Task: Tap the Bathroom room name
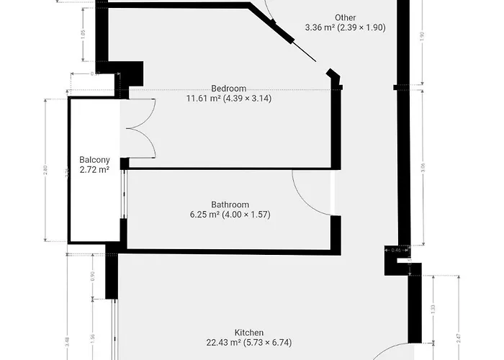pyautogui.click(x=230, y=204)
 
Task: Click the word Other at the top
pyautogui.click(x=345, y=18)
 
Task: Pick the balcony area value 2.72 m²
pyautogui.click(x=94, y=170)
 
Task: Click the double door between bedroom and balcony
pyautogui.click(x=139, y=128)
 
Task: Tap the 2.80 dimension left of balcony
pyautogui.click(x=45, y=171)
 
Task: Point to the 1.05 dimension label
pyautogui.click(x=84, y=33)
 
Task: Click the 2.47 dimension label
pyautogui.click(x=459, y=331)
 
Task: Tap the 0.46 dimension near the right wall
pyautogui.click(x=395, y=250)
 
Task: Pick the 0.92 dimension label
pyautogui.click(x=91, y=276)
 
